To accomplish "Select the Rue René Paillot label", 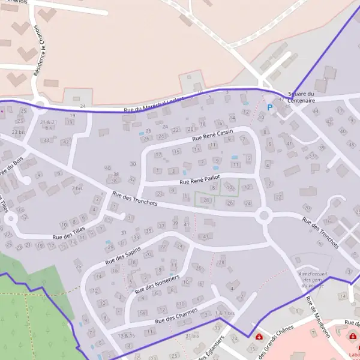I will [x=201, y=179].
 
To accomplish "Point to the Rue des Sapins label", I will [x=122, y=256].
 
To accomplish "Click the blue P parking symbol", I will [x=269, y=107].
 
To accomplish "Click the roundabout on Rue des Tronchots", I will [x=263, y=215].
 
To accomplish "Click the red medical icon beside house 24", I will [x=259, y=337].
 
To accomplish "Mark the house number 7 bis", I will [x=77, y=188].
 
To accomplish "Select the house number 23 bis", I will [x=19, y=131].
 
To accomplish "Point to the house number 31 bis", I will [x=192, y=335].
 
